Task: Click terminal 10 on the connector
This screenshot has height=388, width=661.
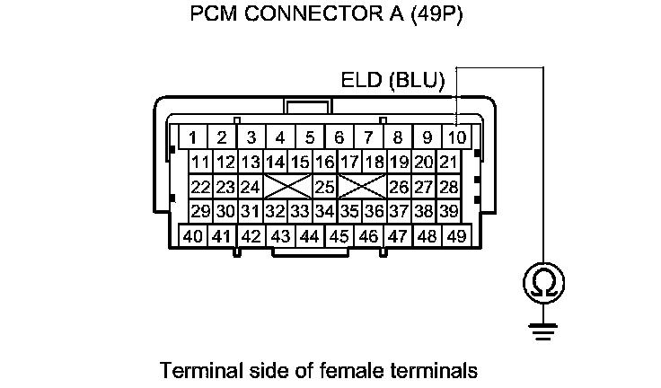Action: [457, 137]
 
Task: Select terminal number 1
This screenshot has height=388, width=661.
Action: [192, 137]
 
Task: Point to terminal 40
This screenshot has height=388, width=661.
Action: [192, 236]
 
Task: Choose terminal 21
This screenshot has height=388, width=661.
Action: [449, 163]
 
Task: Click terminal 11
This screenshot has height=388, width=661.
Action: [200, 163]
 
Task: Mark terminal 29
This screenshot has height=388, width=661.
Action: [200, 211]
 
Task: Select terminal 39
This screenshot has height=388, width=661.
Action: [449, 211]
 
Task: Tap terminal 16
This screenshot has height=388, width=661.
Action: [325, 163]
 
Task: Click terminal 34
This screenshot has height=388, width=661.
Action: [325, 211]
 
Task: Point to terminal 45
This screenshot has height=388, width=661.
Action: [339, 236]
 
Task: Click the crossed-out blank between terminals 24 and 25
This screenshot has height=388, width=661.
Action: [287, 187]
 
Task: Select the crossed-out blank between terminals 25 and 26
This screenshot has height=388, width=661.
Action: [362, 187]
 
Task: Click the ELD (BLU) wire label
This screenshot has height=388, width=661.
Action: [393, 80]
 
